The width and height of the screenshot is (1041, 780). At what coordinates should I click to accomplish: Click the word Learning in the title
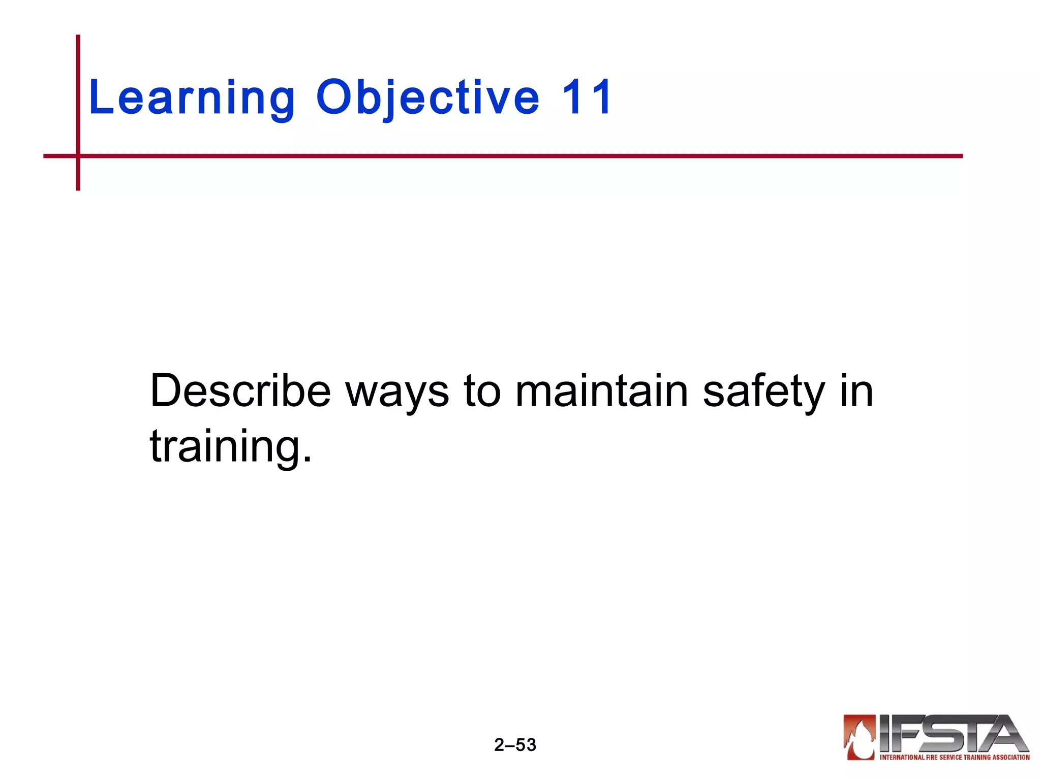coord(192,97)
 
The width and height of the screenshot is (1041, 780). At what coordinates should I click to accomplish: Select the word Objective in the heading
coord(427,97)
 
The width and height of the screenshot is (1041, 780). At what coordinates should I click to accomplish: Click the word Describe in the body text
coord(240,391)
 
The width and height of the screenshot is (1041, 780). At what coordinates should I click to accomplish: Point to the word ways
coord(397,394)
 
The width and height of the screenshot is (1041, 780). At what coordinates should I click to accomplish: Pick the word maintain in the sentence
coord(602,391)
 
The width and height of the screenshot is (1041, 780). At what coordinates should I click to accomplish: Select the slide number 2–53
coord(515,745)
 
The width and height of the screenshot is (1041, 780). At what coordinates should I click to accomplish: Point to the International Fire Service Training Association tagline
coord(955,757)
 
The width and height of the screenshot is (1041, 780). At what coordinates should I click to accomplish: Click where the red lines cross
coord(78,156)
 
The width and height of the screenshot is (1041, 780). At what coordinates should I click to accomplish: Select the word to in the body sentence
coord(482,391)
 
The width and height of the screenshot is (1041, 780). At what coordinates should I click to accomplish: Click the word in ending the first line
coord(856,391)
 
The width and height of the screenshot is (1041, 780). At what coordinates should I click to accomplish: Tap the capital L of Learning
coord(100,97)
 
